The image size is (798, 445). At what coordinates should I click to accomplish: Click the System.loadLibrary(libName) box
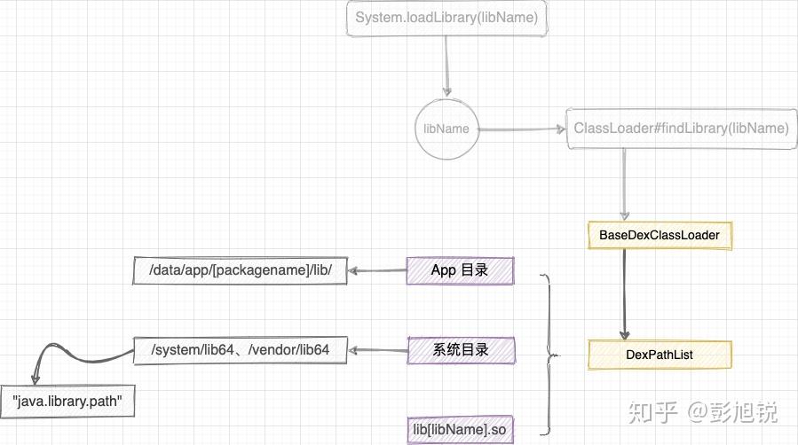click(x=446, y=19)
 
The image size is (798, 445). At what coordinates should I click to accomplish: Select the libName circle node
click(x=446, y=129)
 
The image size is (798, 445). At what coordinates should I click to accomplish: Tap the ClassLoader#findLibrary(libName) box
click(x=681, y=129)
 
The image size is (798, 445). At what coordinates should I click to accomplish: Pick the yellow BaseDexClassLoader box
click(x=660, y=235)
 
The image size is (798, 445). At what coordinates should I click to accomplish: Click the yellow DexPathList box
click(x=660, y=355)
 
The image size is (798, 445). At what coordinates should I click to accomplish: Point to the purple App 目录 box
click(x=460, y=270)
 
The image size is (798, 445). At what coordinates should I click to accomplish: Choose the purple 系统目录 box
click(x=460, y=350)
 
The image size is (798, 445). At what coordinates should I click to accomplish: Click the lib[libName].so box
click(x=460, y=430)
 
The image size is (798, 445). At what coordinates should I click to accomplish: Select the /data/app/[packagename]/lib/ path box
click(x=239, y=270)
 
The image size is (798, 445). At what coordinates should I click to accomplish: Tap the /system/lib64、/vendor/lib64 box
click(x=240, y=350)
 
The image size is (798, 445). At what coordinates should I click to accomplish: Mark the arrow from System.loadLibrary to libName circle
click(x=446, y=66)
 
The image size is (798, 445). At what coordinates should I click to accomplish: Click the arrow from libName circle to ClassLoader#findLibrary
click(x=522, y=129)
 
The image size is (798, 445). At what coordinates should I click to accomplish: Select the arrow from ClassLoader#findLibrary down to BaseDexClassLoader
click(x=625, y=182)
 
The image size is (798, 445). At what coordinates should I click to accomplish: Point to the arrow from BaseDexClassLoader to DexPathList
click(x=625, y=293)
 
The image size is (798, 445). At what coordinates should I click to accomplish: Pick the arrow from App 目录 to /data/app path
click(x=376, y=270)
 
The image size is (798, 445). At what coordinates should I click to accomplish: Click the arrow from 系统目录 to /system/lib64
click(x=376, y=350)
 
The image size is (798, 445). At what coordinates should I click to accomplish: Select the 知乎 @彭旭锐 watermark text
click(x=702, y=412)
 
